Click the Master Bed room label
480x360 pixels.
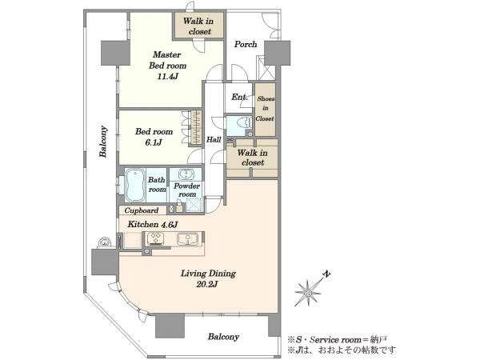[167, 60]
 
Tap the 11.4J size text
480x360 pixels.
[167, 76]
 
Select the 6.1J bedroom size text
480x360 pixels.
[154, 142]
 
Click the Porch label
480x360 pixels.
[246, 44]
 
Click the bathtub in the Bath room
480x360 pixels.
[135, 185]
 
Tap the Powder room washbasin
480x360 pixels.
[186, 174]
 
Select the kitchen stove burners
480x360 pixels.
[156, 238]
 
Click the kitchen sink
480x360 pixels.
[187, 238]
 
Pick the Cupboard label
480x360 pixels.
[141, 210]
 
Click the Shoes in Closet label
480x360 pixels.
[265, 108]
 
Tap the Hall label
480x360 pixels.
[214, 139]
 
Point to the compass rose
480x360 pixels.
[308, 293]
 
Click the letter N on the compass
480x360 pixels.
[327, 274]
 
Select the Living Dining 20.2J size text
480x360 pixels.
[207, 284]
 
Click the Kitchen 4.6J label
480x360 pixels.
[153, 224]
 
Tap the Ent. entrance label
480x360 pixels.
[239, 98]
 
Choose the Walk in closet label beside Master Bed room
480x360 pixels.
[198, 26]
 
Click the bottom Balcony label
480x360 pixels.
[223, 337]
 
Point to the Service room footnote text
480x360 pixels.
[338, 339]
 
